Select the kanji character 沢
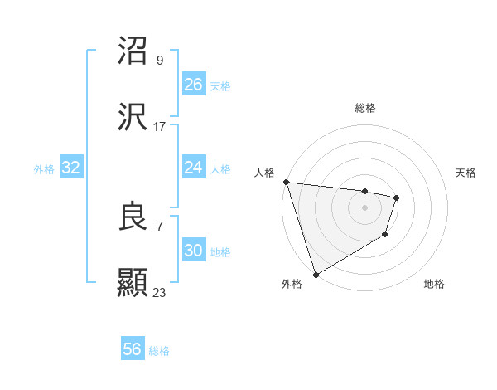point(134,118)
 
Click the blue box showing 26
point(194,84)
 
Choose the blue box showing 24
point(194,168)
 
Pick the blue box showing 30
point(194,251)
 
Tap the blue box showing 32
point(71,168)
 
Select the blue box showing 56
point(133,349)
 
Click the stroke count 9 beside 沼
point(160,60)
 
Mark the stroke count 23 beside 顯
point(160,292)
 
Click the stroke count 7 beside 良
point(160,226)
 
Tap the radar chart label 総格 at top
point(364,108)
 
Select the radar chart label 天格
point(466,173)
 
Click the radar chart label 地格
point(434,284)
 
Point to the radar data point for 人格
point(286,182)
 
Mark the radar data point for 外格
point(316,274)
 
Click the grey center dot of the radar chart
point(364,207)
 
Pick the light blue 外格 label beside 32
point(44,169)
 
